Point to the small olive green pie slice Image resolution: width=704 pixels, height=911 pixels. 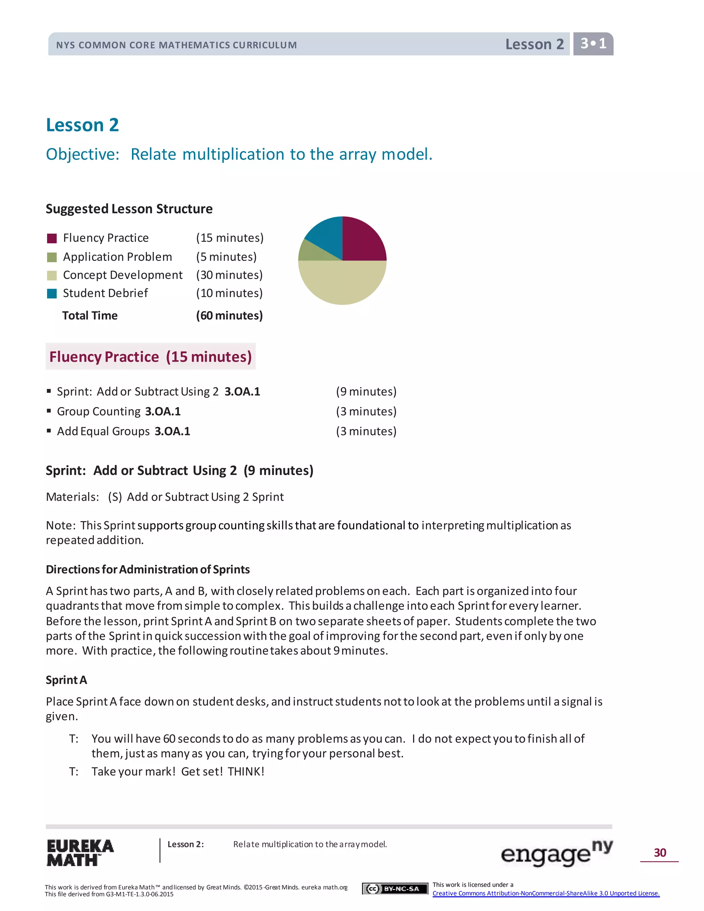coord(311,252)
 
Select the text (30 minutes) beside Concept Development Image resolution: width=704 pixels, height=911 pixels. coord(229,275)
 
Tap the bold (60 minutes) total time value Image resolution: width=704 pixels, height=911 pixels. coord(229,315)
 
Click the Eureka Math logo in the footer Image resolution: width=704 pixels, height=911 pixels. coord(80,853)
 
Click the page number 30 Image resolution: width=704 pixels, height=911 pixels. coord(660,853)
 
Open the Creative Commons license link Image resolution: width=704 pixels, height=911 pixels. coord(546,893)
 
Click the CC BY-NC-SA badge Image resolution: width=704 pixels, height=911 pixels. coord(395,889)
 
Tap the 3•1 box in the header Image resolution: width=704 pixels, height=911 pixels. coord(593,43)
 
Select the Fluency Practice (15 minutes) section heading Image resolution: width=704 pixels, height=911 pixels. coord(150,356)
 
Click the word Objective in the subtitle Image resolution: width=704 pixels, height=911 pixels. coord(82,154)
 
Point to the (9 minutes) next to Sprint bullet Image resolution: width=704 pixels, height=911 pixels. coord(366,391)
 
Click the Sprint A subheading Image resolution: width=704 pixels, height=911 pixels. coord(66,680)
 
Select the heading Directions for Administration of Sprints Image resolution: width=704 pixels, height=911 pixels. coord(147,569)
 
